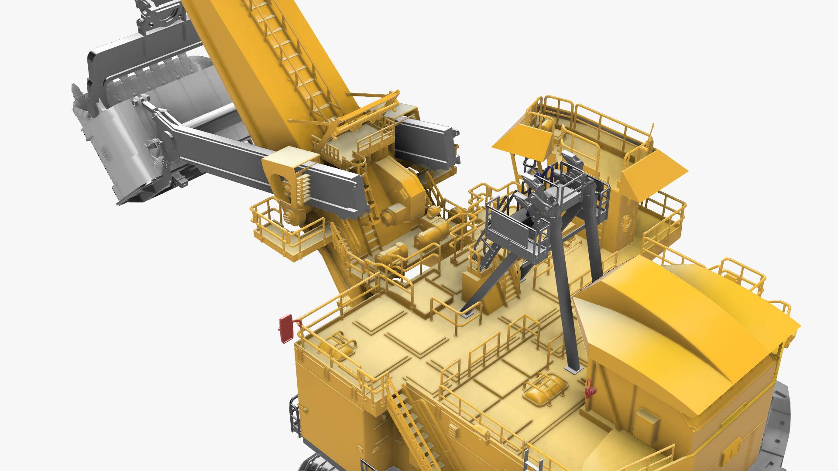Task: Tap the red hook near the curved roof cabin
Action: [590, 389]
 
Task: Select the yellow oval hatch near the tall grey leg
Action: [545, 389]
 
